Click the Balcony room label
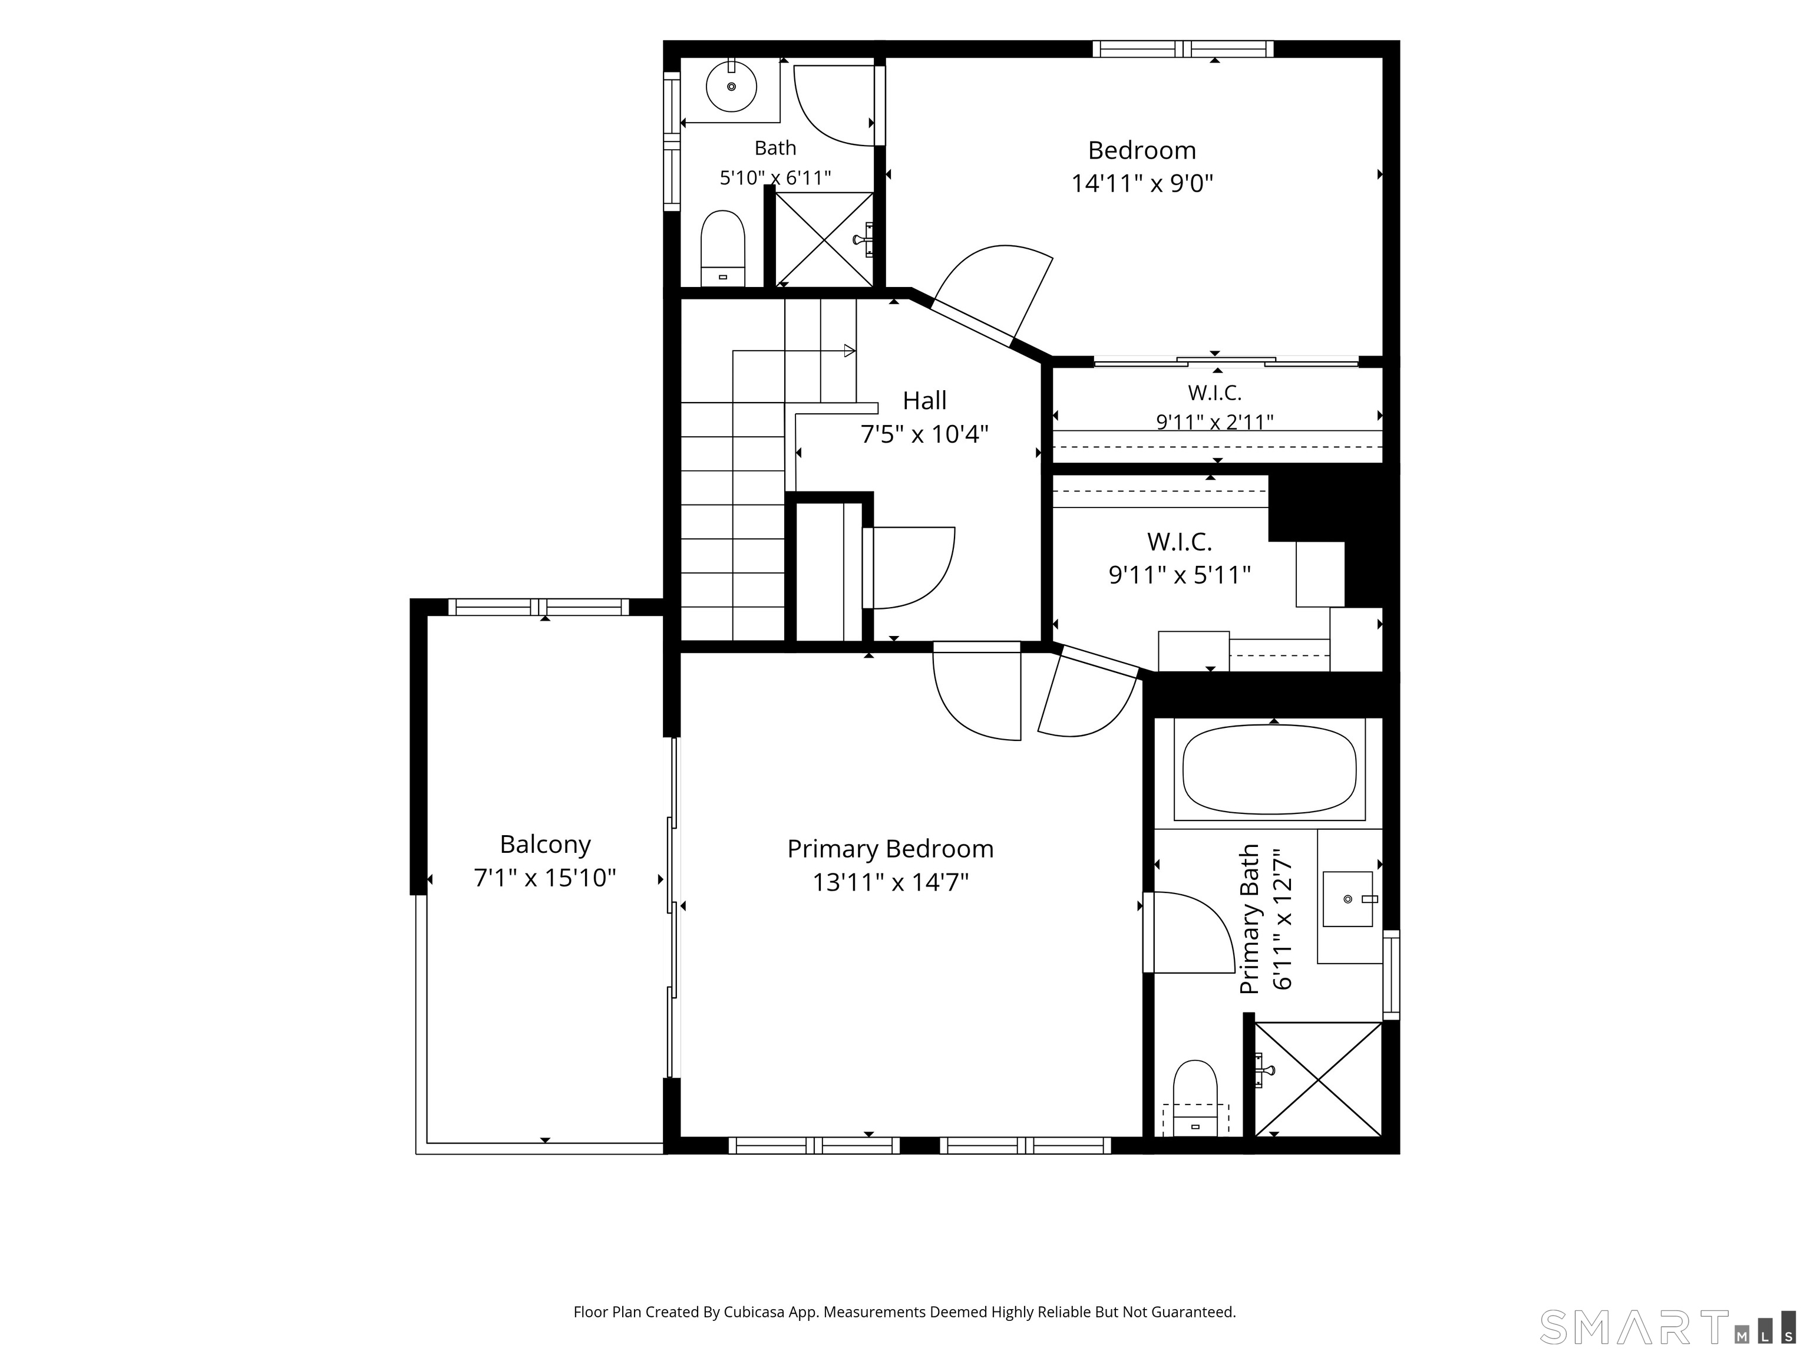click(545, 844)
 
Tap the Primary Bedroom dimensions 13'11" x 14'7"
click(890, 882)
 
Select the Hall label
click(924, 400)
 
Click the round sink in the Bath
click(732, 87)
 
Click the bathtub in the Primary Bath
click(1269, 769)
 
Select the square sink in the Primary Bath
click(1347, 899)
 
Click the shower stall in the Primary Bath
click(1317, 1079)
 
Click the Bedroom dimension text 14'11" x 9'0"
click(1142, 183)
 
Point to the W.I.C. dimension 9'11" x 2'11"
click(1215, 421)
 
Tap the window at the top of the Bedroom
click(1183, 49)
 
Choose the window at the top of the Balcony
click(539, 607)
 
